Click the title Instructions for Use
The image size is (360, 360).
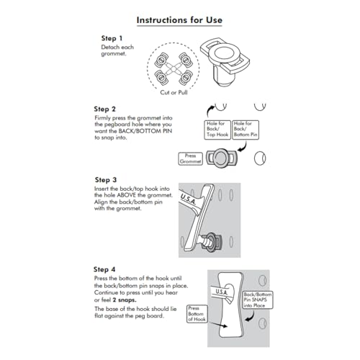tap(179, 20)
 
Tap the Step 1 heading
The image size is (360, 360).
tap(112, 38)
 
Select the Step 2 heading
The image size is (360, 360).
tap(104, 109)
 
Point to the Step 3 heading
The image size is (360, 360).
tap(106, 180)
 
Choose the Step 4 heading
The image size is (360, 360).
tap(104, 269)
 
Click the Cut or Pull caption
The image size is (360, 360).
tap(174, 92)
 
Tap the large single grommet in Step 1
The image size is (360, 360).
tap(225, 61)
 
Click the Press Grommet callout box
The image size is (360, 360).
tap(190, 158)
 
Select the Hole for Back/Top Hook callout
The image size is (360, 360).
tap(217, 130)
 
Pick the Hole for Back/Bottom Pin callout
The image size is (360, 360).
tap(246, 130)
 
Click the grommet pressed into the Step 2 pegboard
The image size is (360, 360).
tap(220, 158)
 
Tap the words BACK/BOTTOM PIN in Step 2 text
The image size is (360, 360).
tap(145, 131)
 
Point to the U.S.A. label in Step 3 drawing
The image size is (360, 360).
tap(189, 199)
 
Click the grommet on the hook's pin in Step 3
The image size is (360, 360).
tap(212, 243)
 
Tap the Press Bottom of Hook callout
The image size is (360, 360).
tap(197, 314)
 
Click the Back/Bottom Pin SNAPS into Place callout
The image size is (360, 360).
tap(258, 300)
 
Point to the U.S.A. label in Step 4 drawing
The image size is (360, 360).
tap(221, 292)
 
